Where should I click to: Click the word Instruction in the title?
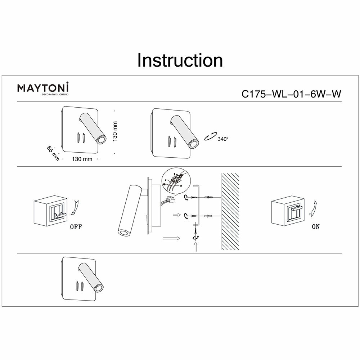[x=180, y=60]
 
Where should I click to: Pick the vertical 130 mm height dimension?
[x=115, y=131]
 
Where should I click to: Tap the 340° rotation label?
[x=223, y=139]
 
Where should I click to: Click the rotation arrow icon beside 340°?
[x=210, y=137]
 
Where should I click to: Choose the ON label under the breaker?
[x=316, y=227]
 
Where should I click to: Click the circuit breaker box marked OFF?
[x=50, y=212]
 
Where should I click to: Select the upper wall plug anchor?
[x=210, y=197]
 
